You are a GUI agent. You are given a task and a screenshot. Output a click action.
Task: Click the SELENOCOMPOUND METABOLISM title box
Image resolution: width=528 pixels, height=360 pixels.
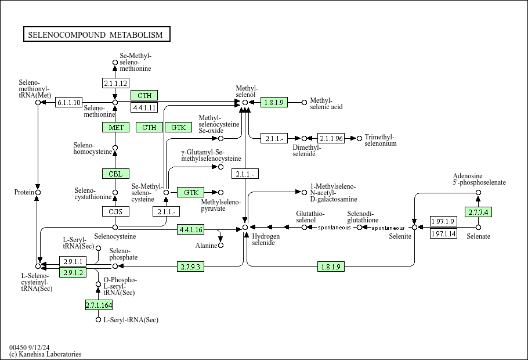click(x=96, y=35)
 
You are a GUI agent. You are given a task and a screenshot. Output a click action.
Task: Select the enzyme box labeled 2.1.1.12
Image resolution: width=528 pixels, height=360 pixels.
click(x=115, y=83)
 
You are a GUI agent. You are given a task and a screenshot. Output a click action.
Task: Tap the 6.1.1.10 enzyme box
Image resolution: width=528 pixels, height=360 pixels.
click(x=69, y=103)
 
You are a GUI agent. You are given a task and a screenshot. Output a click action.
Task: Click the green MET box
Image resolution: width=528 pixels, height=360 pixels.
click(x=115, y=127)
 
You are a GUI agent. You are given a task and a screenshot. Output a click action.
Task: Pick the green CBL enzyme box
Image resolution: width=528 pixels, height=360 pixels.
click(x=115, y=174)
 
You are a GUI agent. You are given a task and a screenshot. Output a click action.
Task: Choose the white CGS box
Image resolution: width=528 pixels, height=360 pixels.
click(x=115, y=211)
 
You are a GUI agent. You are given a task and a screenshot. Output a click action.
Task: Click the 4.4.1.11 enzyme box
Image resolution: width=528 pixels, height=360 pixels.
click(x=144, y=107)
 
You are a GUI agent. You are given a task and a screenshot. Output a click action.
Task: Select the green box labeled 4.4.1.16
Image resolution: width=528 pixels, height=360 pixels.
click(x=191, y=229)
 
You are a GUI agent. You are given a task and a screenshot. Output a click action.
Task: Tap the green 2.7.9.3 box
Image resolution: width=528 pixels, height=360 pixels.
click(x=191, y=267)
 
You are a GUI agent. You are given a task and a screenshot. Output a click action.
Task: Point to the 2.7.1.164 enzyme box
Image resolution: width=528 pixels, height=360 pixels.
click(x=99, y=305)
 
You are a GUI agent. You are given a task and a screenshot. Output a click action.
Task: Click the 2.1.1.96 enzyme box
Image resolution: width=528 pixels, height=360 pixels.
click(x=331, y=138)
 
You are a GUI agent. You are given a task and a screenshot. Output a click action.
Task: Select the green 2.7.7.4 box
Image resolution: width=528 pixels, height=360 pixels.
click(x=478, y=212)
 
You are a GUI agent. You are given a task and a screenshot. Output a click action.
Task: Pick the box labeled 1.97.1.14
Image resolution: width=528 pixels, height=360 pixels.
click(x=443, y=234)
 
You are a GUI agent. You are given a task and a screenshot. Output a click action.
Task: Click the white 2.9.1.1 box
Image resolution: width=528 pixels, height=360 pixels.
click(x=74, y=262)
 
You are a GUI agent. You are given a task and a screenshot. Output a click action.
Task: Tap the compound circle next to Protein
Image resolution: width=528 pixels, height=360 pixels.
click(x=38, y=192)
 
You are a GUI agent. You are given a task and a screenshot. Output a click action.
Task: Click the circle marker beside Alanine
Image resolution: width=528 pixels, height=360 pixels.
click(x=220, y=246)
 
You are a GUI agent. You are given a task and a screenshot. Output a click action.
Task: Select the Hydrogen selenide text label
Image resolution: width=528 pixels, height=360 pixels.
click(x=266, y=239)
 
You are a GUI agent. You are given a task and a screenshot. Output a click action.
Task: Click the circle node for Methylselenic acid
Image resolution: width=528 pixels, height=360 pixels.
click(x=304, y=103)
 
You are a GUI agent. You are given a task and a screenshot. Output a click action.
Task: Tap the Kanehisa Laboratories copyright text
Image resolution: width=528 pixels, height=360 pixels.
click(x=45, y=354)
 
